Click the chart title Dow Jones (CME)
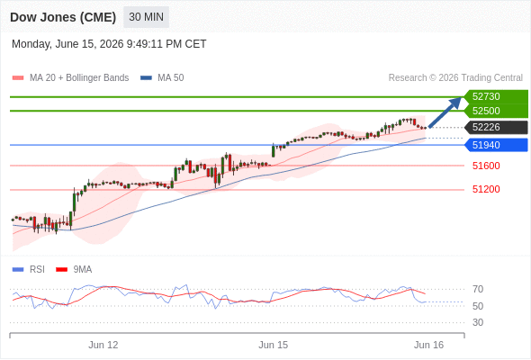click(x=63, y=17)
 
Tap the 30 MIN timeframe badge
click(x=147, y=17)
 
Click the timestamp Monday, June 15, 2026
click(x=67, y=44)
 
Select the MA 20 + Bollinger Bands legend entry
click(x=70, y=78)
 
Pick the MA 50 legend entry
click(x=162, y=78)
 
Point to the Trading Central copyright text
click(x=455, y=78)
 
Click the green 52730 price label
click(x=496, y=96)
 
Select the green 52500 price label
click(x=496, y=111)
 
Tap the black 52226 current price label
click(x=496, y=127)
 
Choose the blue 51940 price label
click(x=496, y=145)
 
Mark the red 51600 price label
click(x=486, y=166)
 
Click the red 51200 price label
click(x=486, y=189)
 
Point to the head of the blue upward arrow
click(x=461, y=98)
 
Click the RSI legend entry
click(x=29, y=270)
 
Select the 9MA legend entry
click(x=74, y=270)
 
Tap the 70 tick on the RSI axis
click(x=478, y=289)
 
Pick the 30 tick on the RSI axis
click(x=478, y=322)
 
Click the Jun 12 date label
click(x=103, y=345)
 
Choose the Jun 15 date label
click(x=274, y=345)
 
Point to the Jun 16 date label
click(x=428, y=345)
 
